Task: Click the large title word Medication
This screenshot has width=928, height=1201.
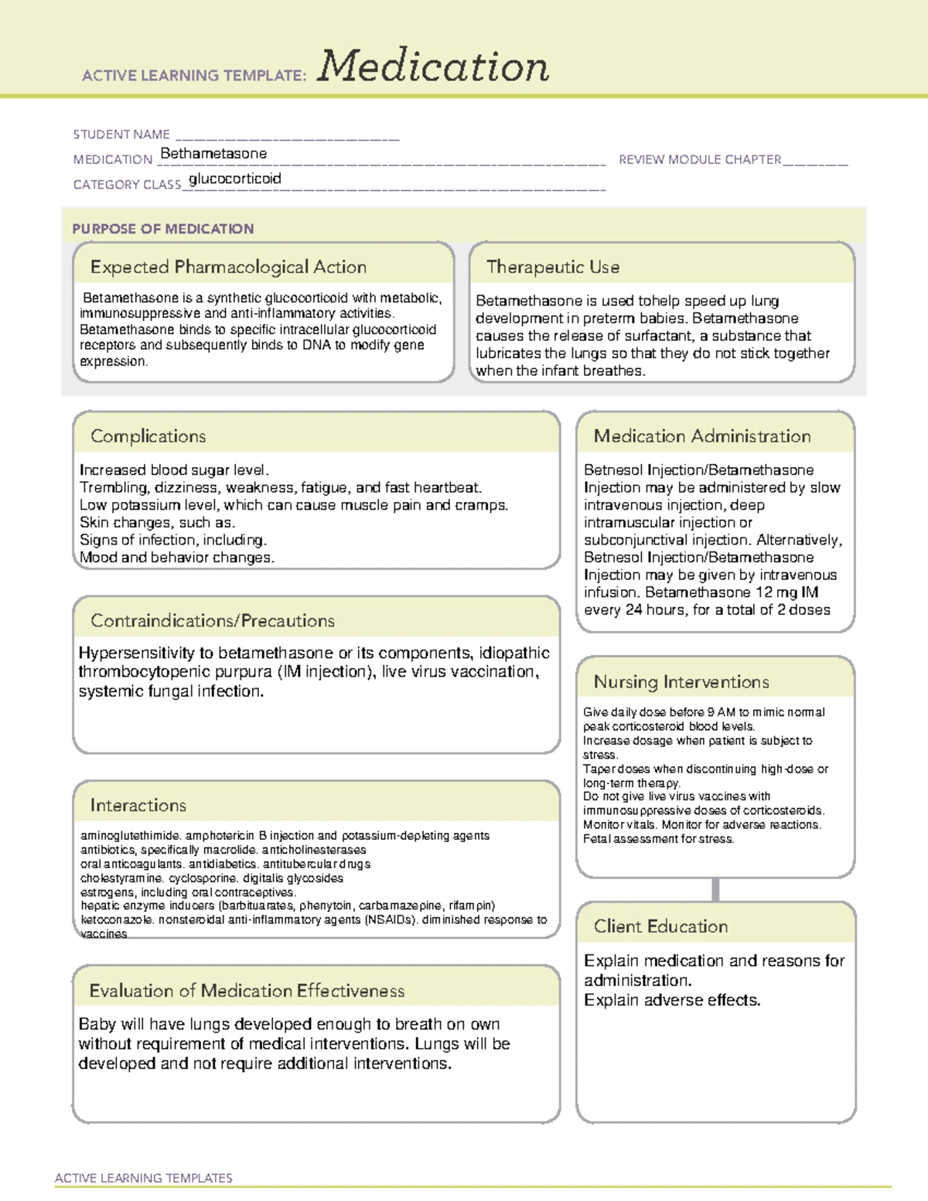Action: click(x=433, y=67)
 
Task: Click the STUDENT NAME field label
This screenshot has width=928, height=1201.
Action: click(x=121, y=135)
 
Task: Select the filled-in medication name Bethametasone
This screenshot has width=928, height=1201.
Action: click(x=213, y=154)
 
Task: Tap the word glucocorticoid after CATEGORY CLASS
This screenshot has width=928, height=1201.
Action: click(x=235, y=179)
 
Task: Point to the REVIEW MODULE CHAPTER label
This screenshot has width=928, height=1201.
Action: click(x=700, y=159)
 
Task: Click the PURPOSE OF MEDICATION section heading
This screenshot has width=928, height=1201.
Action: click(x=163, y=229)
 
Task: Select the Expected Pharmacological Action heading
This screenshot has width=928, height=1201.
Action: click(x=228, y=267)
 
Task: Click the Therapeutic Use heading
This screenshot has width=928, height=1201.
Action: click(x=553, y=267)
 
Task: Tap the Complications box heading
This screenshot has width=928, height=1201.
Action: click(x=148, y=436)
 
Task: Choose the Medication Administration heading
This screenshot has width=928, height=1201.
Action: click(x=702, y=436)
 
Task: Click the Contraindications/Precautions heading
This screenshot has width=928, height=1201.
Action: click(x=213, y=621)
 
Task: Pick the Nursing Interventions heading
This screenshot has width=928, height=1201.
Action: click(x=681, y=682)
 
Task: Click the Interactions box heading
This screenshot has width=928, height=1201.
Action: click(x=138, y=806)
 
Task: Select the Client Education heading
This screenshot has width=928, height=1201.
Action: click(x=660, y=926)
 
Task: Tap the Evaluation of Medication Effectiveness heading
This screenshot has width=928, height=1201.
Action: click(x=247, y=991)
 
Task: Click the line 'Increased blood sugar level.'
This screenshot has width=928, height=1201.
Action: click(x=174, y=470)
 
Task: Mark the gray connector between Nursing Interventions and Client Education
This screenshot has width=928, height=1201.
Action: click(x=715, y=889)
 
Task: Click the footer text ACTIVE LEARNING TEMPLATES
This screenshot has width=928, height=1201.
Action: click(x=144, y=1178)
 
